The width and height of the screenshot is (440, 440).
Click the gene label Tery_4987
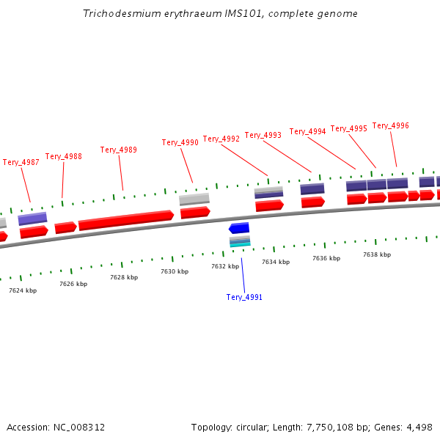click(21, 162)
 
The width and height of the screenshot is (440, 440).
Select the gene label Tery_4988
click(64, 156)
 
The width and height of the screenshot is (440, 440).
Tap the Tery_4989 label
click(119, 150)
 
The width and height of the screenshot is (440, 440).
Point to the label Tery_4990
click(180, 142)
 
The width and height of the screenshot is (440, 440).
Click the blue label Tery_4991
click(244, 297)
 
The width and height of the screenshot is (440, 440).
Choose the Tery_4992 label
click(221, 139)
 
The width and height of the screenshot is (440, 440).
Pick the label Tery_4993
click(263, 135)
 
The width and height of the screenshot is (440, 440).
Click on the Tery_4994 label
click(308, 131)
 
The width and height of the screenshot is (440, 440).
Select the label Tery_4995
click(349, 128)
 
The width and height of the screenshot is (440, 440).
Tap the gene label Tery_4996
click(391, 125)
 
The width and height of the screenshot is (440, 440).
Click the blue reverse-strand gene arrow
click(239, 228)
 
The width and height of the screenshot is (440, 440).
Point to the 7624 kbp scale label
click(23, 290)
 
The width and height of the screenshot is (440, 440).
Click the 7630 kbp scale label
click(175, 271)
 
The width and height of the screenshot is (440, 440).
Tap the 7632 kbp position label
click(225, 266)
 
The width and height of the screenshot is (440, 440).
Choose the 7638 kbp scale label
click(377, 254)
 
